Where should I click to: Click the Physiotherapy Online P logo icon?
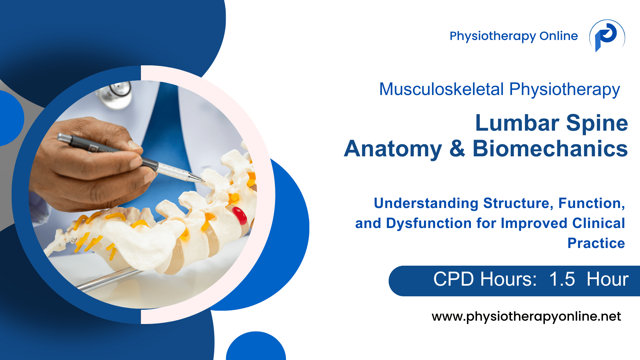point(607,36)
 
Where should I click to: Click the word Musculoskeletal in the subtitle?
point(442,89)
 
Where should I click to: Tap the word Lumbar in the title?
point(517,123)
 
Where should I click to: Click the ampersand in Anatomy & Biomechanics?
point(457,149)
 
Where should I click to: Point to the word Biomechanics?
point(550,149)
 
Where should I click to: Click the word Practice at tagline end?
point(596,243)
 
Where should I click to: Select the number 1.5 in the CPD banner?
point(562,279)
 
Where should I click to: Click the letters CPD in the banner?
point(453,279)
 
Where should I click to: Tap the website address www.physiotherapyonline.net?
point(526,317)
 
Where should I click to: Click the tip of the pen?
point(204,182)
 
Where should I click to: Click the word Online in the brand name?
point(559,36)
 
